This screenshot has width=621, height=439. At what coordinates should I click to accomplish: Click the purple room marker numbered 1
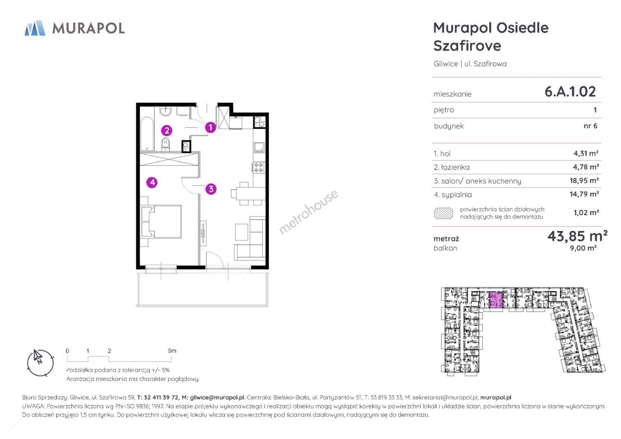point(210,127)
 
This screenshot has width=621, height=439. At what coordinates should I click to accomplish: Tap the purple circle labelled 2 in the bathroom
point(167,130)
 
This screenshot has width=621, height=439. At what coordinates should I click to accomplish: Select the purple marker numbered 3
point(211,189)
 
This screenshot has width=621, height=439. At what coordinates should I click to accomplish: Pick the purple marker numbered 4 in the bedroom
point(152,183)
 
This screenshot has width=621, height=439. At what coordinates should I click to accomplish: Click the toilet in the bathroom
point(165,144)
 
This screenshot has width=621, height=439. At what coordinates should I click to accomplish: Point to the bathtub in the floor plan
point(147,134)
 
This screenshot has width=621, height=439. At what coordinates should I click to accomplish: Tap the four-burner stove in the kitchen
point(259,167)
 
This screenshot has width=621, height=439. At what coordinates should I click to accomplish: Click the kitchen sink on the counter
point(259,148)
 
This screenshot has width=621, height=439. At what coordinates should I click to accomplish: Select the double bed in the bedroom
point(161,222)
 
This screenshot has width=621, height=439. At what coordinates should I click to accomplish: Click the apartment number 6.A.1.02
point(570,92)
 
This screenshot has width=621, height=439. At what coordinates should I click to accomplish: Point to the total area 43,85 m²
point(577,236)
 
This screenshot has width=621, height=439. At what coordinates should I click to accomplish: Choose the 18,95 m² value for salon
point(584,181)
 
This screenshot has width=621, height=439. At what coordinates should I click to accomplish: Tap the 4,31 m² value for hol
point(586,153)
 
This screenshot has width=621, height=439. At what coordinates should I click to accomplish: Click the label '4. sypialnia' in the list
point(453,195)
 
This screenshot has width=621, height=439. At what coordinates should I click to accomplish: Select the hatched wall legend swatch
point(444,213)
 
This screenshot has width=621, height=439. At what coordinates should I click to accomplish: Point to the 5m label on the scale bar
point(172,350)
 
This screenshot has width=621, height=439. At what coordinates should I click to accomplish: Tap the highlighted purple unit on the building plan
point(496,300)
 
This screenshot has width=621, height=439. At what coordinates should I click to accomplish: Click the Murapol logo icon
point(35,28)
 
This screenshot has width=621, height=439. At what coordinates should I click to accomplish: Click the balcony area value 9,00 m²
point(583,248)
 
